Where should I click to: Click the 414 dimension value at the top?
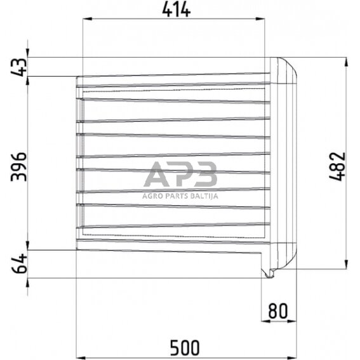click(176, 10)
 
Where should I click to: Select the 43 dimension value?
click(18, 67)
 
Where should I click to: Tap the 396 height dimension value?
click(18, 166)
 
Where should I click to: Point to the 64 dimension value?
click(18, 263)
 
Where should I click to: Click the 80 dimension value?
click(278, 312)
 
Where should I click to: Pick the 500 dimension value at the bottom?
click(185, 347)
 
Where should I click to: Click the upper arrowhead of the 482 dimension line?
click(346, 62)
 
